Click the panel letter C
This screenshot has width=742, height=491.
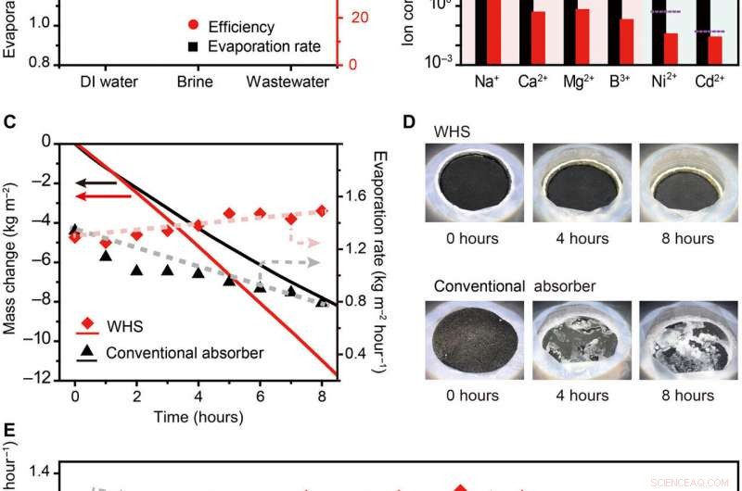coord(10,121)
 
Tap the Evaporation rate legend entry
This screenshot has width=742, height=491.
coord(240,46)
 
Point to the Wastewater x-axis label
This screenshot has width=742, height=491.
coord(288,82)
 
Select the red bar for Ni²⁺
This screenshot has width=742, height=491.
coord(671,47)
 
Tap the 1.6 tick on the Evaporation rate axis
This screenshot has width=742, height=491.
coord(357,195)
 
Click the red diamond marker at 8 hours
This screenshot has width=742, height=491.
coord(322,211)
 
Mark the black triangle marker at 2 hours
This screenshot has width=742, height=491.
coord(136,271)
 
